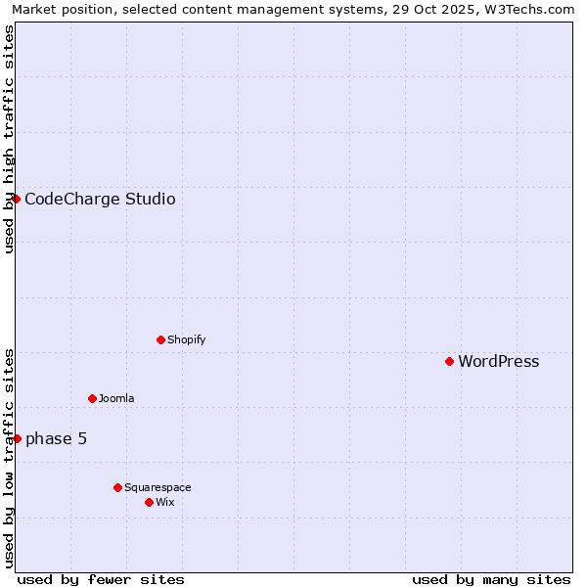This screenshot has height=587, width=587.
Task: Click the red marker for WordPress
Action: coord(449,361)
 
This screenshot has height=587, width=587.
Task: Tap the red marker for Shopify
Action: coord(160,339)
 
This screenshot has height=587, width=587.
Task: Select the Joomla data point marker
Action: coord(92,398)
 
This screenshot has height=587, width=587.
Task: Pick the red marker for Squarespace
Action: coord(117,487)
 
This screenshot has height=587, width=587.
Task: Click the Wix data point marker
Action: coord(149,502)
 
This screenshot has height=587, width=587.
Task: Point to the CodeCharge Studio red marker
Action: coord(16,199)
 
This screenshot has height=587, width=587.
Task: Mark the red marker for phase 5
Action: coord(17,438)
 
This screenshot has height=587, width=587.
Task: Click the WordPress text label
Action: coord(498,362)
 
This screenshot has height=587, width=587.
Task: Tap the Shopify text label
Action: coord(186,340)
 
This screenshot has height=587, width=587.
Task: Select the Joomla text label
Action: coord(116,399)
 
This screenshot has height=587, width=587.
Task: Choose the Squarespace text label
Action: coord(158,488)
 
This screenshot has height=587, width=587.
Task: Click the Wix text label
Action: coord(165,503)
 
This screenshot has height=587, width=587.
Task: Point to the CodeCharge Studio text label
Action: coord(100,200)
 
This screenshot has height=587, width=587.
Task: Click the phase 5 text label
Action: coord(56,439)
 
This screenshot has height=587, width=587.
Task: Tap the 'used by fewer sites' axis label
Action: coord(101,579)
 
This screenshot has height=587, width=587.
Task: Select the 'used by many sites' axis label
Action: coord(491,579)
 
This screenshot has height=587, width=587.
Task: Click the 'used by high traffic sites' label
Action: coord(9,139)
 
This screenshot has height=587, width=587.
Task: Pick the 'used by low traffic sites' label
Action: coord(9,458)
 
